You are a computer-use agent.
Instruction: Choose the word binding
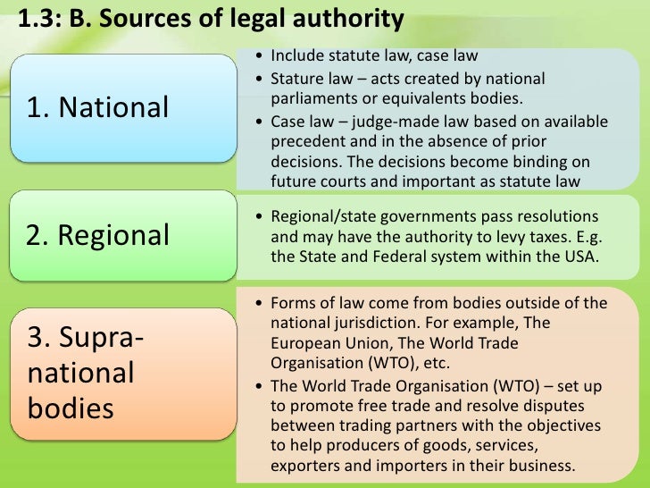(538, 163)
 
